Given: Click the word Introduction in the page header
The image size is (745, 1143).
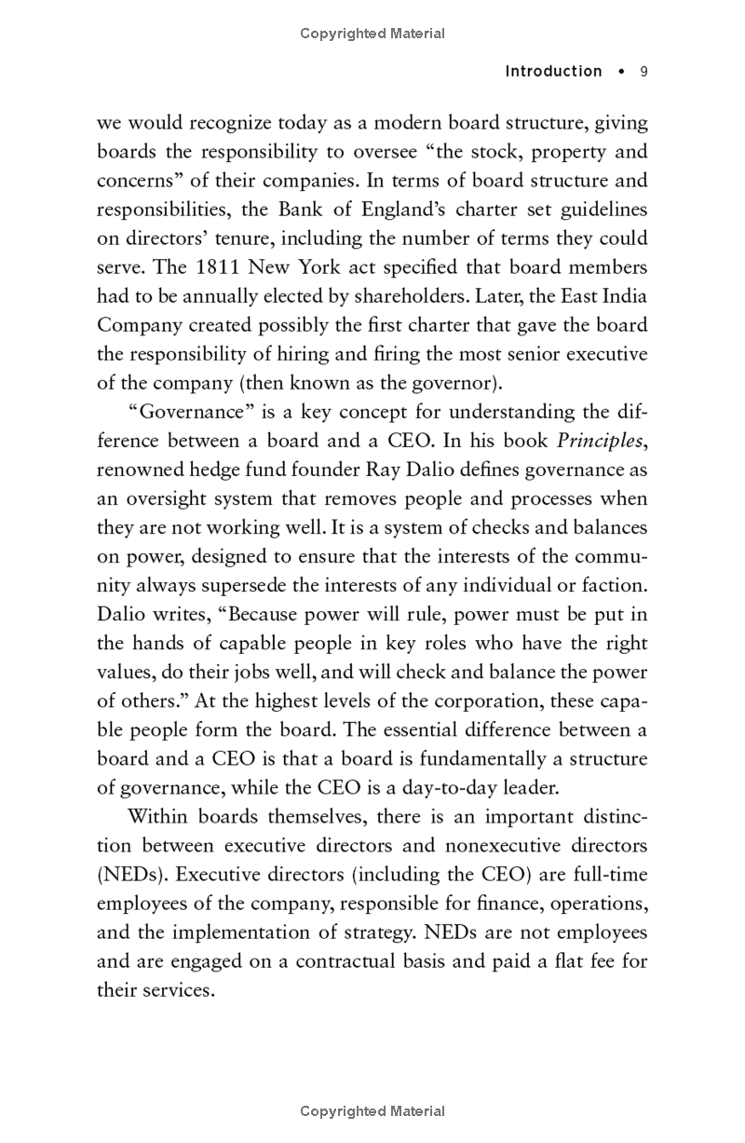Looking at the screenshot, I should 553,72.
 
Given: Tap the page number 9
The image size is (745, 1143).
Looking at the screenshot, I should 643,72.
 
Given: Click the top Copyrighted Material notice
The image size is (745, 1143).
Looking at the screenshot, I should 372,34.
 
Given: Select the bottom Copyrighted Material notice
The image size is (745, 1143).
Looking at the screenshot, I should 372,1110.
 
